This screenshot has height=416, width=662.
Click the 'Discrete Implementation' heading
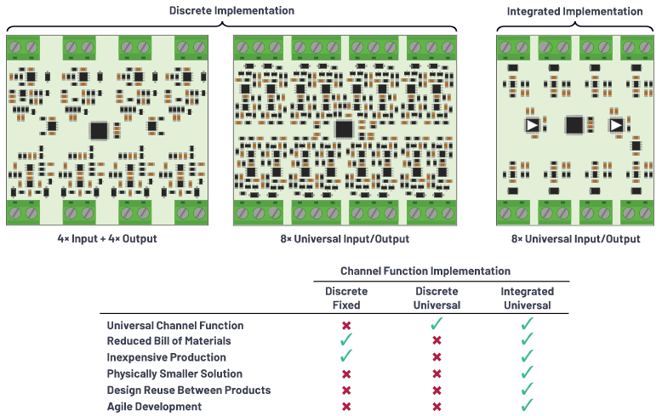pyautogui.click(x=231, y=10)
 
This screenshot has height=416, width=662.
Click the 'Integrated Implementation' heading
pyautogui.click(x=574, y=11)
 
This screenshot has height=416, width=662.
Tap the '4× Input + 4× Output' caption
pyautogui.click(x=106, y=238)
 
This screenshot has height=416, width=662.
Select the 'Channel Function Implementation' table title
pyautogui.click(x=425, y=271)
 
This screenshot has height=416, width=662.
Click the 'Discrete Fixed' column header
pyautogui.click(x=346, y=298)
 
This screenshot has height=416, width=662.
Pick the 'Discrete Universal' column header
pyautogui.click(x=437, y=298)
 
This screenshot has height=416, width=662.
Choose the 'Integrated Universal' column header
pyautogui.click(x=526, y=298)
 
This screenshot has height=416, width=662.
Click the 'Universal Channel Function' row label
pyautogui.click(x=175, y=325)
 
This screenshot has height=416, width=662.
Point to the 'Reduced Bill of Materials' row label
pyautogui.click(x=169, y=341)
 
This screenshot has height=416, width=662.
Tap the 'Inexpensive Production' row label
pyautogui.click(x=166, y=357)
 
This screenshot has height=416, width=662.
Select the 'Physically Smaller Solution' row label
pyautogui.click(x=174, y=373)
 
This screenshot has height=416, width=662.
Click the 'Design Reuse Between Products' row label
pyautogui.click(x=188, y=390)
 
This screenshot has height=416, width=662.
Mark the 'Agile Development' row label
pyautogui.click(x=154, y=406)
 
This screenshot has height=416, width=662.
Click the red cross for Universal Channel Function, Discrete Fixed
pyautogui.click(x=346, y=326)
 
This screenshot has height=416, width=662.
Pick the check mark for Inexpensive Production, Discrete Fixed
pyautogui.click(x=346, y=356)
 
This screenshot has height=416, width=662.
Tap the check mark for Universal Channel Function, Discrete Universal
pyautogui.click(x=437, y=324)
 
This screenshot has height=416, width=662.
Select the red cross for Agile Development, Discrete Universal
pyautogui.click(x=437, y=407)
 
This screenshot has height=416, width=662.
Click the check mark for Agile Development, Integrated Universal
pyautogui.click(x=527, y=405)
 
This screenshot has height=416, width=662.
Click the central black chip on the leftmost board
pyautogui.click(x=100, y=130)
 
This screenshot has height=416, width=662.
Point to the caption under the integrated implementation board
pyautogui.click(x=575, y=238)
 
